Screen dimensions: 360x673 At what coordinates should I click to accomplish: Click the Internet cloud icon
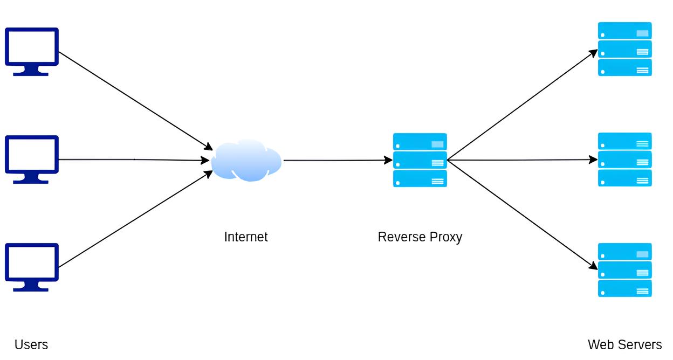click(x=246, y=160)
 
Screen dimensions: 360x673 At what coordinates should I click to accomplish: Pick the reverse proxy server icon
click(x=420, y=160)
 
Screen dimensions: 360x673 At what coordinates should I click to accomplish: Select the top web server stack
click(x=624, y=49)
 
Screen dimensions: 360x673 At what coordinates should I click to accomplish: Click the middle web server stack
click(x=624, y=160)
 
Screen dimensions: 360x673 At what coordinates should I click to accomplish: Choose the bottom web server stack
click(x=624, y=269)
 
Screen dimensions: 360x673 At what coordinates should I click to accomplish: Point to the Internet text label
click(x=246, y=237)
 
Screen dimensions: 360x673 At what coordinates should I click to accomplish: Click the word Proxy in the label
click(x=444, y=237)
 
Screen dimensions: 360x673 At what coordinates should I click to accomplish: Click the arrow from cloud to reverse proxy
click(x=338, y=160)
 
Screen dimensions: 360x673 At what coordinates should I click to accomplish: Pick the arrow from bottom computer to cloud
click(x=135, y=219)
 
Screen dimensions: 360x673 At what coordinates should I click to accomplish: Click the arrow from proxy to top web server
click(x=522, y=105)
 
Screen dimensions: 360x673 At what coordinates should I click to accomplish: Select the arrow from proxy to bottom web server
click(x=522, y=214)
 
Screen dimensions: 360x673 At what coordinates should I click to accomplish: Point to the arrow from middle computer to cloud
click(x=134, y=160)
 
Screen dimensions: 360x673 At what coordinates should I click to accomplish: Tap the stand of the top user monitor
click(x=31, y=72)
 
